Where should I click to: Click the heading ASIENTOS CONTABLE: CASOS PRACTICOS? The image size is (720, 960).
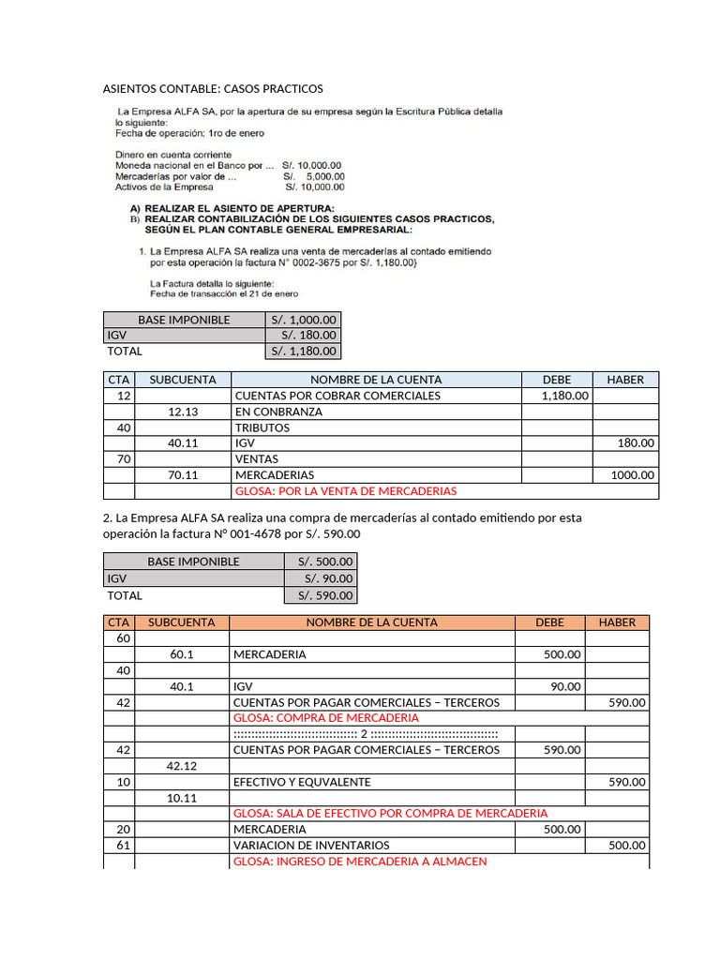click(212, 89)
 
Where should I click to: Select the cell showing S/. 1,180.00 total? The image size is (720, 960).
click(303, 352)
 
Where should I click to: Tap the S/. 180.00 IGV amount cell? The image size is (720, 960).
click(303, 336)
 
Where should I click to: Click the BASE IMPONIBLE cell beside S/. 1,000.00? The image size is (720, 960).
click(184, 320)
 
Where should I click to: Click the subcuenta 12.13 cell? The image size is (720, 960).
click(183, 412)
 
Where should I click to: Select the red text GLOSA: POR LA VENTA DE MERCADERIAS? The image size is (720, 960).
click(344, 491)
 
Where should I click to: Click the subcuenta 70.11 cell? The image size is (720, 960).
click(183, 475)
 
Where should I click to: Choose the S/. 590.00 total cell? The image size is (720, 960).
click(320, 595)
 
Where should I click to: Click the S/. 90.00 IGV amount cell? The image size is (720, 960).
click(320, 578)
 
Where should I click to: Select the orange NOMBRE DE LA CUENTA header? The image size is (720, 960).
click(371, 622)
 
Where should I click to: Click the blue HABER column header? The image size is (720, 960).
click(625, 380)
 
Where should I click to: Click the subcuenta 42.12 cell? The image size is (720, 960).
click(182, 766)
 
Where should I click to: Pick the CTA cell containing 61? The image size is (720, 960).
click(119, 845)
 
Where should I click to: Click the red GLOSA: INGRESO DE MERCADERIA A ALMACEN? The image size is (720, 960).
click(359, 861)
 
